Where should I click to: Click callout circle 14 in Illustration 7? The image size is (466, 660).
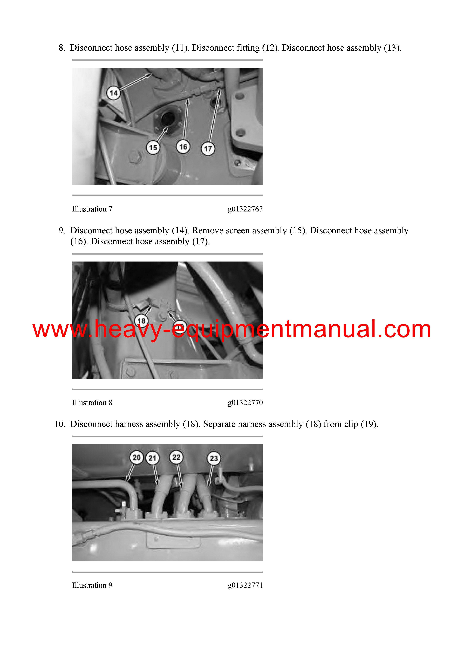click(x=113, y=93)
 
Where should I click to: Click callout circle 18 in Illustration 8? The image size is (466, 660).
click(x=141, y=321)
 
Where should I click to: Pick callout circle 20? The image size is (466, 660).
click(x=136, y=457)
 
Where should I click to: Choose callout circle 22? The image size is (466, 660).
click(x=176, y=457)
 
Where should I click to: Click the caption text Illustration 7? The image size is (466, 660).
click(x=92, y=209)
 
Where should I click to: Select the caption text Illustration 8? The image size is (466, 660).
click(x=92, y=403)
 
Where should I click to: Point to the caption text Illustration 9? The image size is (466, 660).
click(x=92, y=585)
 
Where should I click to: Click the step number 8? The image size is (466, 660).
click(x=62, y=48)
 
